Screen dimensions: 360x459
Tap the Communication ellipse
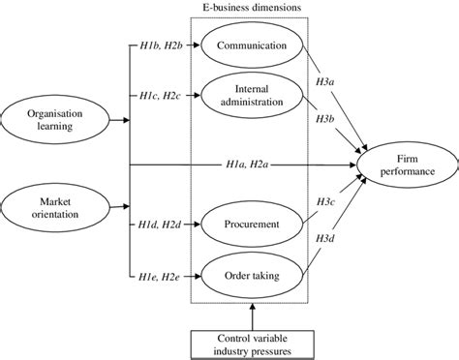pos(252,45)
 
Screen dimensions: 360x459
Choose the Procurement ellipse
pos(250,225)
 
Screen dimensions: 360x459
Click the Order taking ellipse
pos(250,275)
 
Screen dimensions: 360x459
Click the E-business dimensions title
pos(251,8)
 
